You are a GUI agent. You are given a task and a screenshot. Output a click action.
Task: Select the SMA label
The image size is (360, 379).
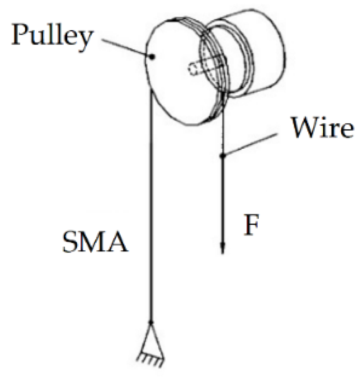(x=93, y=245)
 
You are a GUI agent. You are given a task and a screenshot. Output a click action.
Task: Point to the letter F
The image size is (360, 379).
(x=251, y=227)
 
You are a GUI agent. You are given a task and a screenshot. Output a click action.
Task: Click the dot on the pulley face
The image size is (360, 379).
(x=152, y=56)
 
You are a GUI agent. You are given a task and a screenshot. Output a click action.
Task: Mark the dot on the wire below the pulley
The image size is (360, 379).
(x=222, y=155)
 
